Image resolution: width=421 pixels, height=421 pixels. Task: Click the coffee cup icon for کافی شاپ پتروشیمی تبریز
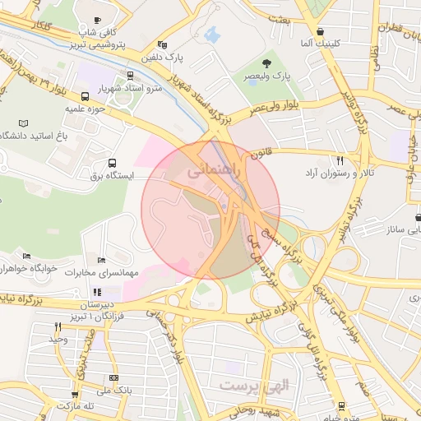pyautogui.click(x=98, y=20)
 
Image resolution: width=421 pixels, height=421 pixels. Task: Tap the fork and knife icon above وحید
pyautogui.click(x=57, y=326)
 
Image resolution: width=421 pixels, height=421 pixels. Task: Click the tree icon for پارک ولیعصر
pyautogui.click(x=266, y=62)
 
